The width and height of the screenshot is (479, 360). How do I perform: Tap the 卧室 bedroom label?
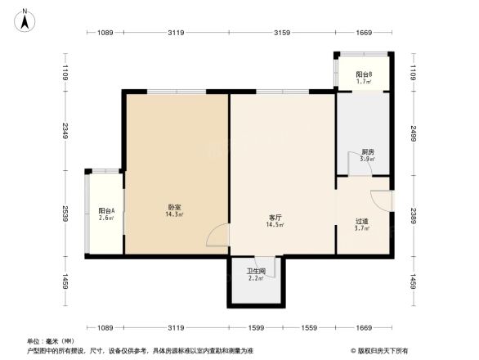pyautogui.click(x=175, y=208)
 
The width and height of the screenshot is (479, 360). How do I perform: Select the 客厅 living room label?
pyautogui.click(x=275, y=218)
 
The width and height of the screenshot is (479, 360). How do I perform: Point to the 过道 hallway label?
pyautogui.click(x=361, y=221)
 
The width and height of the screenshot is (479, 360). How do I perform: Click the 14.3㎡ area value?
pyautogui.click(x=175, y=215)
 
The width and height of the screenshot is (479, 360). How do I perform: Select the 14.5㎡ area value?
pyautogui.click(x=275, y=225)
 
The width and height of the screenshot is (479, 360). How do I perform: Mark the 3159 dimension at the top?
pyautogui.click(x=282, y=33)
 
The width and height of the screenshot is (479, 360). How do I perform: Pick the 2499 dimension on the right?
pyautogui.click(x=414, y=133)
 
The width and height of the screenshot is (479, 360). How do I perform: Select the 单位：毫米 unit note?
pyautogui.click(x=50, y=340)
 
